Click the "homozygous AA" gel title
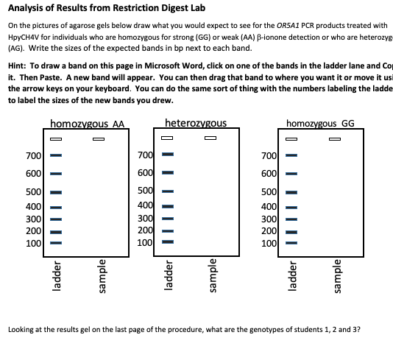[87, 123]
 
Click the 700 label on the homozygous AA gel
[33, 155]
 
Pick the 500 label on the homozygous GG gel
[269, 192]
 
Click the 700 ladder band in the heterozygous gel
[167, 155]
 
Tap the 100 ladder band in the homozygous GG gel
[291, 241]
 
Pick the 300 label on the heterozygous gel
[145, 218]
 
